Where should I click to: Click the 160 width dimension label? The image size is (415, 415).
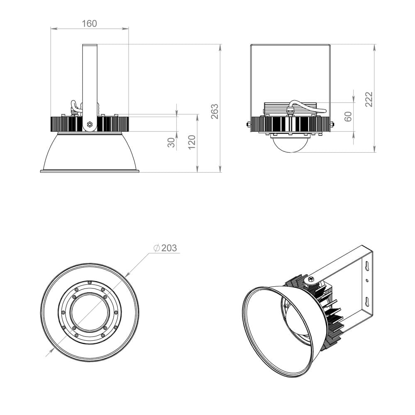point(89,24)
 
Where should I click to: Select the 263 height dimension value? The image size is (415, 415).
point(215,111)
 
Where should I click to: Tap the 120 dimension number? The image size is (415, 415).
point(192,142)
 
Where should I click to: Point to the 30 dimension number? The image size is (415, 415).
point(171,142)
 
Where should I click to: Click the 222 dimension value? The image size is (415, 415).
point(369,99)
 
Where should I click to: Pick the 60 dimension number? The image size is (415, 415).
point(348,116)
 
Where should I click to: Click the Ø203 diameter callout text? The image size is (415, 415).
point(165,248)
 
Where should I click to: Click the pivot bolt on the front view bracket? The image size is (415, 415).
point(90,124)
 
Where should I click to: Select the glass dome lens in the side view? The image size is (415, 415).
point(290,144)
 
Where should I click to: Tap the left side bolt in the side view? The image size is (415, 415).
point(248,124)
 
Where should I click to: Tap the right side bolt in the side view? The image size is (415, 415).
point(332,124)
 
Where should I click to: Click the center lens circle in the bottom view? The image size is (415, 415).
point(90,312)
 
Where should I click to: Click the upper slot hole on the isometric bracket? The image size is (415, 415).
point(367,265)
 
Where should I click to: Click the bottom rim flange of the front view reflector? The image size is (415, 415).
point(90,171)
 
